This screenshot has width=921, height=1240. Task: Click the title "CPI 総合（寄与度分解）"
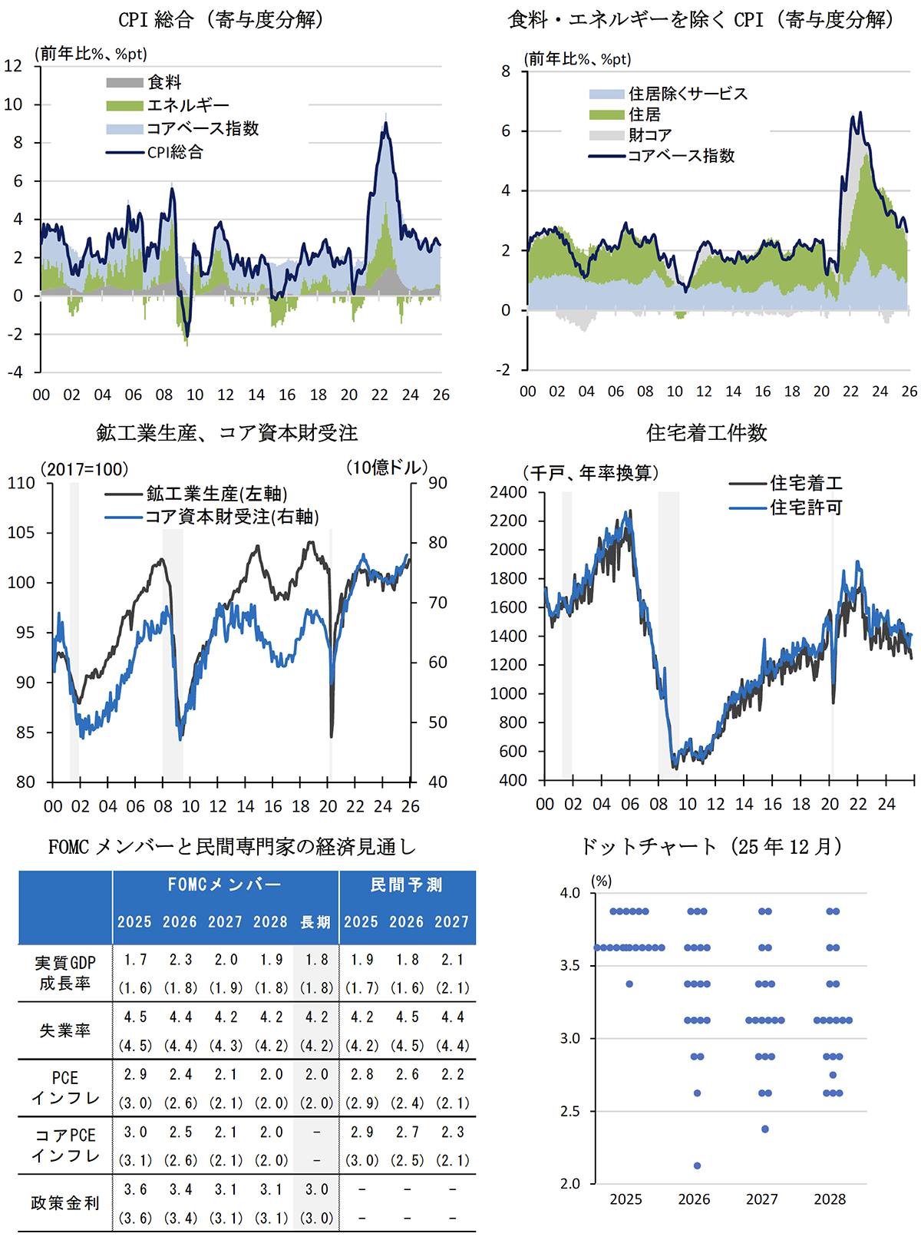(x=220, y=19)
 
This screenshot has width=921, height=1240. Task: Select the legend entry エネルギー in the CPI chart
(x=187, y=105)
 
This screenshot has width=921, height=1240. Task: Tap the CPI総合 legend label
(x=175, y=152)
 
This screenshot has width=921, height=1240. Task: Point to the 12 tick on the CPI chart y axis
(x=13, y=65)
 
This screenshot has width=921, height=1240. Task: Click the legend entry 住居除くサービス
(x=687, y=94)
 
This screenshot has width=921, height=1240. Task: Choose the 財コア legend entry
(x=649, y=135)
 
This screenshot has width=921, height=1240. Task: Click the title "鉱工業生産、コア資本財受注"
(x=227, y=433)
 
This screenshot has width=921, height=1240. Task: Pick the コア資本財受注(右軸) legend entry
(x=232, y=517)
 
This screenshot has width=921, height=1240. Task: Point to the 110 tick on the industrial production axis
(x=21, y=483)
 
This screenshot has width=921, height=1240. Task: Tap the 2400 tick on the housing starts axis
(x=509, y=492)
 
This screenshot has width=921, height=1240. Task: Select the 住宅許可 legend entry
(x=806, y=508)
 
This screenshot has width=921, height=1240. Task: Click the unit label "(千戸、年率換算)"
(x=591, y=473)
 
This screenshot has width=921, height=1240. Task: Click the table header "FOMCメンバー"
(x=225, y=885)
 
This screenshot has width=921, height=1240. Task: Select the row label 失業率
(x=65, y=1030)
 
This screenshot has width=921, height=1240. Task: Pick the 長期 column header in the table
(x=315, y=922)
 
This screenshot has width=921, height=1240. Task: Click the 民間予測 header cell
(x=407, y=885)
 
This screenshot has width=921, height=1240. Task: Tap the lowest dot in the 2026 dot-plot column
(x=697, y=1166)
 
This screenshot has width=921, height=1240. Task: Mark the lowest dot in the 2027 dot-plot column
(x=765, y=1129)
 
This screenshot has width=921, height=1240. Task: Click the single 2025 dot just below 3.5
(x=629, y=984)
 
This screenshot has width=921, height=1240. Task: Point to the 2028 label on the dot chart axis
(x=830, y=1199)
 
